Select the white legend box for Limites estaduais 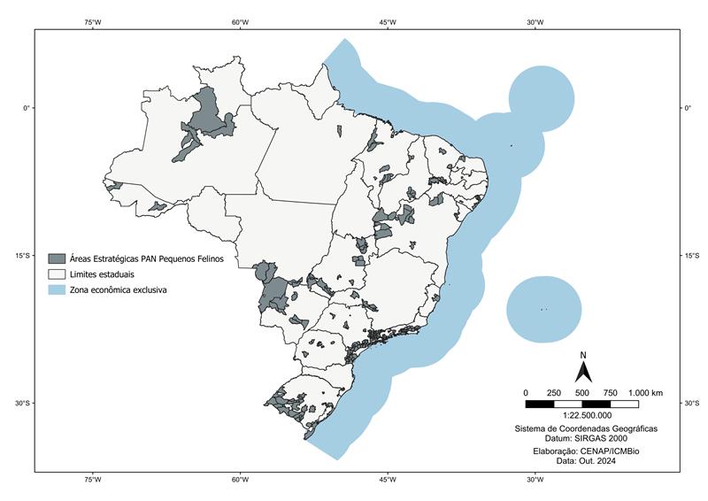tap(57, 274)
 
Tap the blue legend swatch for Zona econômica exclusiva tap(57, 289)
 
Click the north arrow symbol tap(582, 372)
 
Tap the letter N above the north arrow tap(582, 355)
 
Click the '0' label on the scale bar tap(526, 392)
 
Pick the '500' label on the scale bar tap(581, 392)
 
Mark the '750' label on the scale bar tap(610, 392)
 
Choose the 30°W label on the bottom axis tap(534, 481)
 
